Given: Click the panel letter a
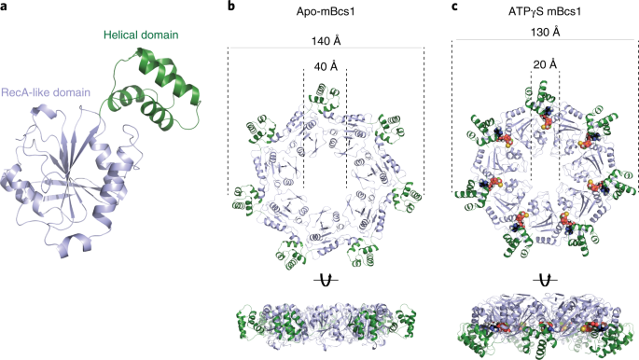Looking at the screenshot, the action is (7, 7).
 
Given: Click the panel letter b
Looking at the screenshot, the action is (231, 7).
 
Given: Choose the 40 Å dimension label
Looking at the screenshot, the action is (326, 66).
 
